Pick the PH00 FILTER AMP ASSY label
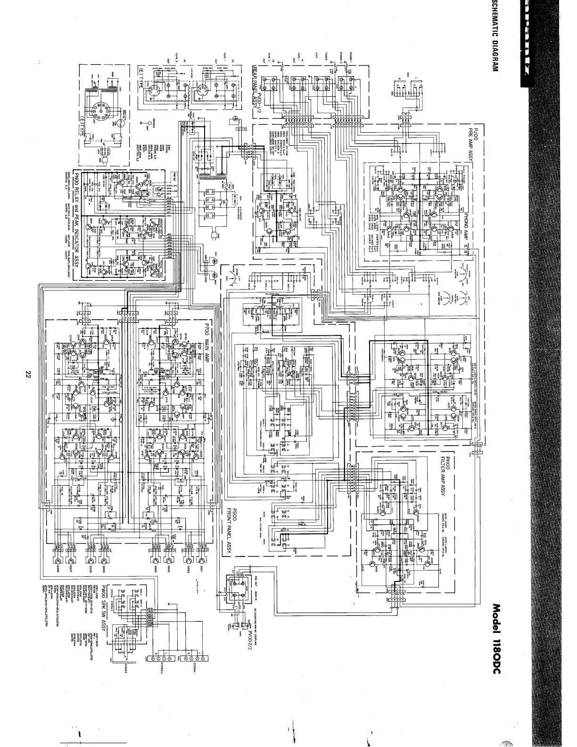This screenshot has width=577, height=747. point(445,476)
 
